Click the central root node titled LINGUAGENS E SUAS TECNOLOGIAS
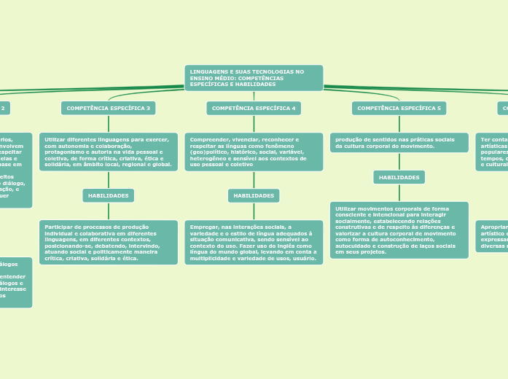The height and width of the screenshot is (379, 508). click(x=254, y=78)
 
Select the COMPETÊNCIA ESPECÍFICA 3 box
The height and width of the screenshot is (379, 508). click(x=108, y=108)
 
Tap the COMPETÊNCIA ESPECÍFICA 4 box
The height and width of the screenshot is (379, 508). click(x=254, y=108)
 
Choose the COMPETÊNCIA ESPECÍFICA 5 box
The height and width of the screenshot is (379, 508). click(x=399, y=108)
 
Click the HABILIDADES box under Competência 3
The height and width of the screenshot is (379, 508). click(x=108, y=195)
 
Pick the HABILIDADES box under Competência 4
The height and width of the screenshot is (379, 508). click(x=254, y=195)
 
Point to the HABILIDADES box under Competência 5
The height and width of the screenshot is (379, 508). click(x=399, y=177)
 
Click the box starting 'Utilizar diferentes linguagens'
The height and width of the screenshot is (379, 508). click(x=108, y=152)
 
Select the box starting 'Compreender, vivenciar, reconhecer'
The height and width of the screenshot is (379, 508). click(x=254, y=152)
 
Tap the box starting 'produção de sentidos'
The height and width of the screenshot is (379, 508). click(x=399, y=142)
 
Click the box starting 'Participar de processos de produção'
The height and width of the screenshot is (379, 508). click(x=108, y=242)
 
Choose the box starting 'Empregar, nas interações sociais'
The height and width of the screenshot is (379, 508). click(x=254, y=242)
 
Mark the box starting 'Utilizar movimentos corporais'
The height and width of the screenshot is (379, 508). click(x=399, y=230)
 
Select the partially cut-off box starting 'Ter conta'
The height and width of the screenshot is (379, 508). click(x=492, y=152)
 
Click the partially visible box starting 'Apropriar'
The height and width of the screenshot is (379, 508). click(x=492, y=236)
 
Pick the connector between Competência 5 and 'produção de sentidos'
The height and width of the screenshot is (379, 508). click(x=399, y=124)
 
